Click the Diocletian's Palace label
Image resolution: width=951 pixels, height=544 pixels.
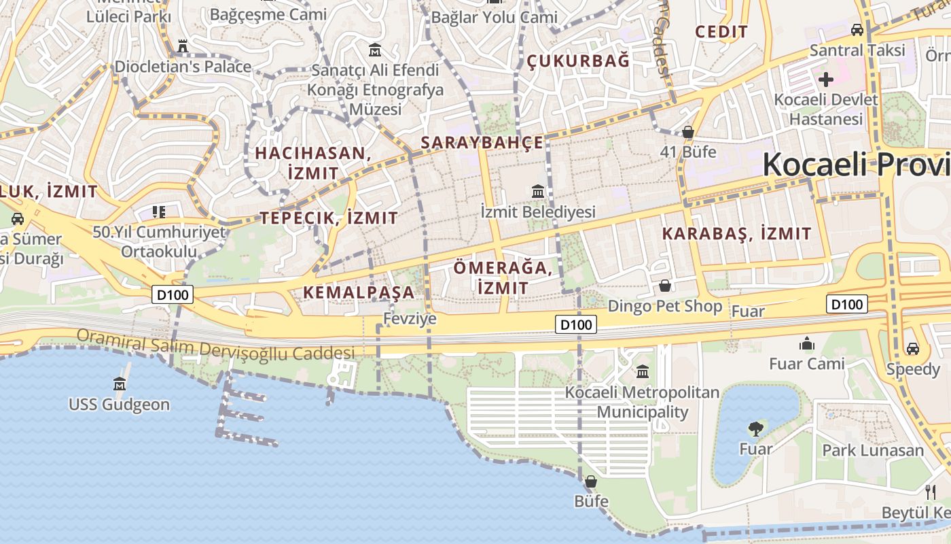point(183,67)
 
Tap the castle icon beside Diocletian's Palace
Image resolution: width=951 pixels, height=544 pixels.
point(182,47)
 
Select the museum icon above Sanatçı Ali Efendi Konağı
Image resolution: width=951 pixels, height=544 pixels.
point(375,50)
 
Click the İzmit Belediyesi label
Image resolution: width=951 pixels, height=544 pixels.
point(538,211)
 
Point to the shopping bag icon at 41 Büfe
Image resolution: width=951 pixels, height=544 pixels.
point(688,132)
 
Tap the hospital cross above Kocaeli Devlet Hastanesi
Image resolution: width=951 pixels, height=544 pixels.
point(826,80)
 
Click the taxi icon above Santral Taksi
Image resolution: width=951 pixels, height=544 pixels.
point(857,30)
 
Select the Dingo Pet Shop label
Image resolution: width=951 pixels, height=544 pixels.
point(665,306)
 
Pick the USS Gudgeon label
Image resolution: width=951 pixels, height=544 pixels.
point(119,405)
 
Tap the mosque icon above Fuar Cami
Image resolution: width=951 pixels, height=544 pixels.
point(807,344)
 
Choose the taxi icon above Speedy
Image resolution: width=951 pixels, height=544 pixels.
point(913,349)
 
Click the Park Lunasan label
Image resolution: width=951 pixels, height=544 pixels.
point(873,450)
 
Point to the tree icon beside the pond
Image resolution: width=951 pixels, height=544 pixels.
point(755,429)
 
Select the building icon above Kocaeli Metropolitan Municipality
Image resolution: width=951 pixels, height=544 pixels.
point(643,372)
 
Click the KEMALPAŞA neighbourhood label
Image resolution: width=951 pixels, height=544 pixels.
point(358,292)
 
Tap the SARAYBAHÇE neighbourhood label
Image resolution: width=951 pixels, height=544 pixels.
point(482,142)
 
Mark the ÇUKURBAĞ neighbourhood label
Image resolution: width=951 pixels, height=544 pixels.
point(579,61)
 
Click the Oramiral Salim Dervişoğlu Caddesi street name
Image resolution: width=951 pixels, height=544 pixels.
point(215,345)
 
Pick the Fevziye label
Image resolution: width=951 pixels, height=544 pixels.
point(410,318)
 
